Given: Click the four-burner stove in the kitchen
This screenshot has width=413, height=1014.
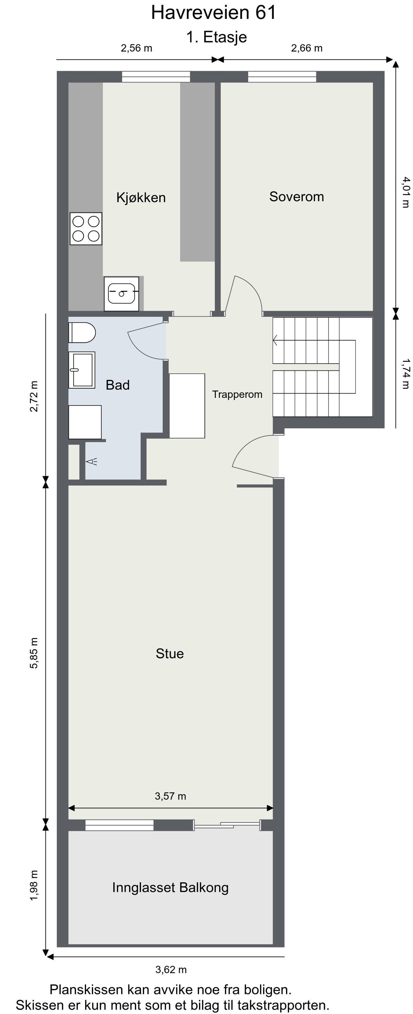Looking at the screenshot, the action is point(86,229).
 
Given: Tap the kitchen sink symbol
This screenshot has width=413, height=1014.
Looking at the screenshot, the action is point(121,294).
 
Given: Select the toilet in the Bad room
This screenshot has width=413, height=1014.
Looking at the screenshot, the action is point(82,333).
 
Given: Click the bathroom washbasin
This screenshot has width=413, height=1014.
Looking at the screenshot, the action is point(82,370).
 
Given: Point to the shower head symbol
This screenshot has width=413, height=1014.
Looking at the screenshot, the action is point(92,461).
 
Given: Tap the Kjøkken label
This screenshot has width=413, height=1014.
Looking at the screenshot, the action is point(141,197).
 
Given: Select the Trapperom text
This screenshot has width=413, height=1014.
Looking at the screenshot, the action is point(237,394).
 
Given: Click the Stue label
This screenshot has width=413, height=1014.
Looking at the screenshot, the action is point(170,654).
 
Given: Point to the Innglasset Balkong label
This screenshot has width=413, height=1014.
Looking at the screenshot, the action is point(170,888).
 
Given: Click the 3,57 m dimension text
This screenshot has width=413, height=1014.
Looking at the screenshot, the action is point(170,796).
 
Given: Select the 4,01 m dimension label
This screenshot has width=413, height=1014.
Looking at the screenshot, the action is point(405,192).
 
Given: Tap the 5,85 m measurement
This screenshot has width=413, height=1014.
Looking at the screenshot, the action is point(34,653).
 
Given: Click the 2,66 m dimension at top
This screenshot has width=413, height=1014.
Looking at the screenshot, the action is point(307,48).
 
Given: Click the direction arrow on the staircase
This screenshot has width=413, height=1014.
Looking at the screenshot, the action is point(275,340).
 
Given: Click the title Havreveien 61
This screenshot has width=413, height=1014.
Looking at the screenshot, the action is point(214,13).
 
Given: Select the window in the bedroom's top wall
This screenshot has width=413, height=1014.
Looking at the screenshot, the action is point(282,77).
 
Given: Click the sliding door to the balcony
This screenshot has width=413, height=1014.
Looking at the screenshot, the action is point(227,825).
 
